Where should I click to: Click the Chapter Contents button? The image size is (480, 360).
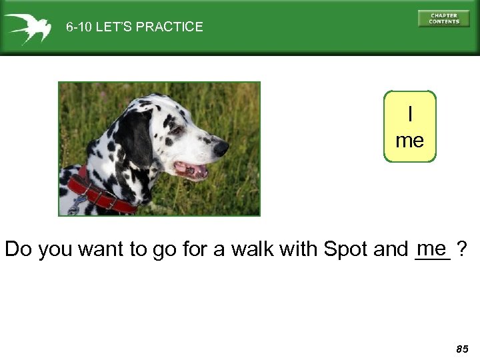click(x=443, y=18)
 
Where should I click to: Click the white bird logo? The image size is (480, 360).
click(x=27, y=27)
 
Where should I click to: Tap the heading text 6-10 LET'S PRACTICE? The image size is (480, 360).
click(x=134, y=27)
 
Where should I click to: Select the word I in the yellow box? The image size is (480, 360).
click(x=409, y=115)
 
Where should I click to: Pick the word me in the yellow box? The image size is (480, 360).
click(x=409, y=141)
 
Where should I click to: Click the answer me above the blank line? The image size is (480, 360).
click(x=433, y=247)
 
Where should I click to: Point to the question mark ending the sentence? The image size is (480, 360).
click(x=461, y=249)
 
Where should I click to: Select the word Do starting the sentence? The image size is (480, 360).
click(x=18, y=249)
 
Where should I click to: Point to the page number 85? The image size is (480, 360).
click(x=462, y=349)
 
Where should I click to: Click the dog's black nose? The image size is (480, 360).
click(x=221, y=148)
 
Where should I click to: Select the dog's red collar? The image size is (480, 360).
click(x=100, y=194)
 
